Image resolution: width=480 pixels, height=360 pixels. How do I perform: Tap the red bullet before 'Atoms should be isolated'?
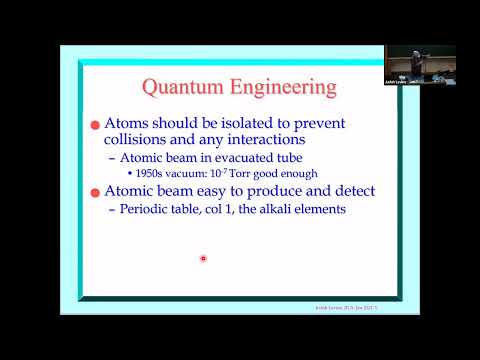[x=96, y=124]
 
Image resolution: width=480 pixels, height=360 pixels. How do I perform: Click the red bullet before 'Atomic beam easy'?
[x=96, y=191]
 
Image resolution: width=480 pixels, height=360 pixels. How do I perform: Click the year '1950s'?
[x=148, y=174]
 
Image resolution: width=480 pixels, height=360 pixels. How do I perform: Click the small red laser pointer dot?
[x=203, y=258]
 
